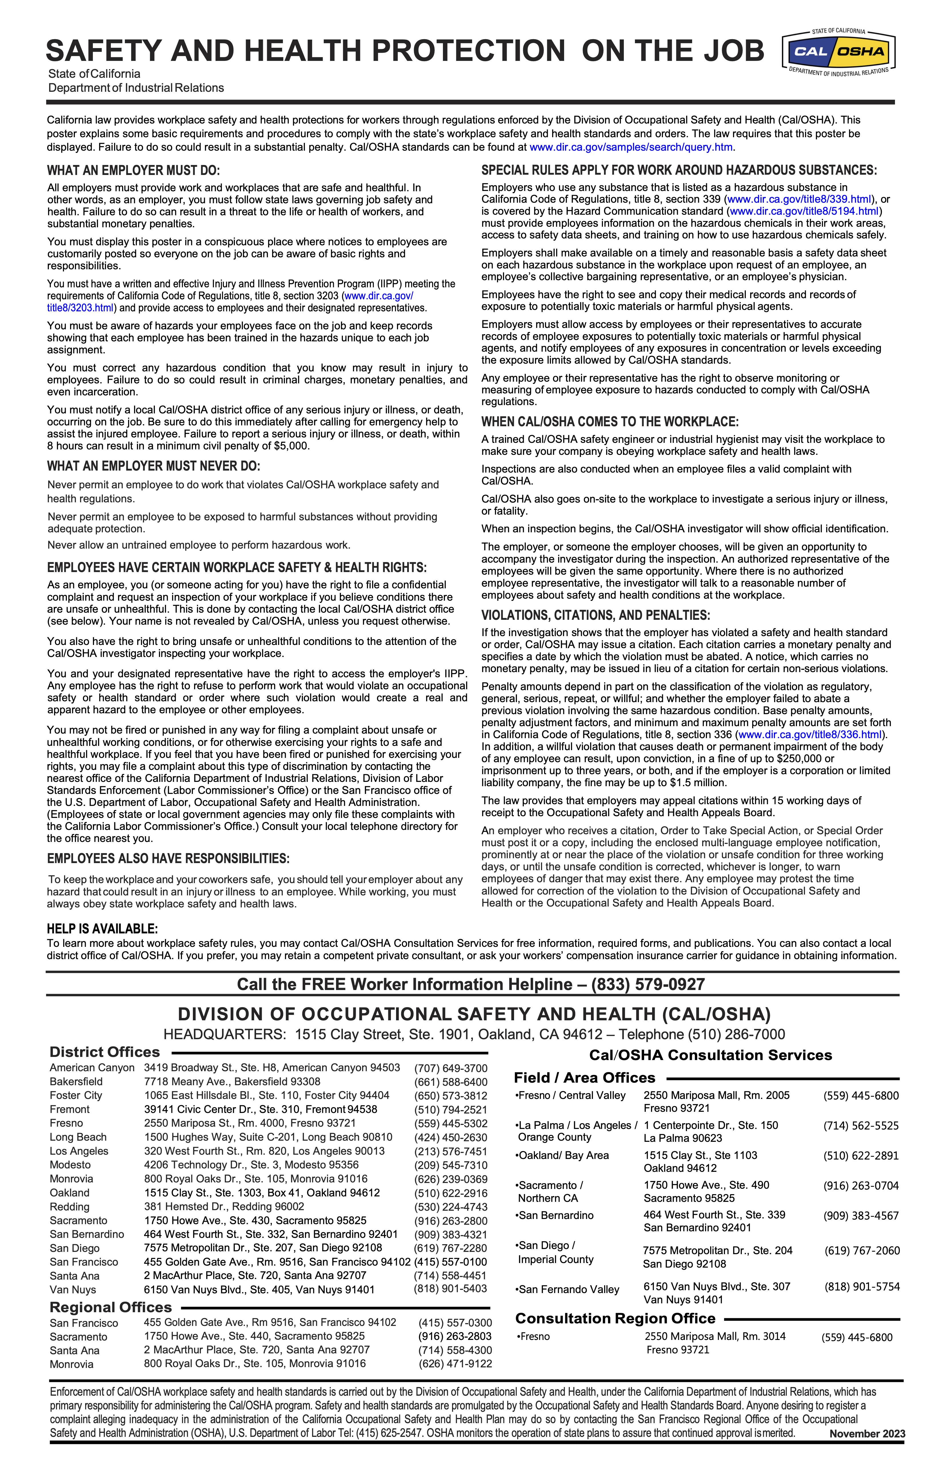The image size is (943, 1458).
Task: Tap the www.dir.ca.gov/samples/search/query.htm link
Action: (631, 147)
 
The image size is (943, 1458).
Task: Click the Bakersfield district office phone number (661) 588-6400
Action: (451, 1082)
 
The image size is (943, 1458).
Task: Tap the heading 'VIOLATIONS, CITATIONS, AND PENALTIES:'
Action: (595, 615)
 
